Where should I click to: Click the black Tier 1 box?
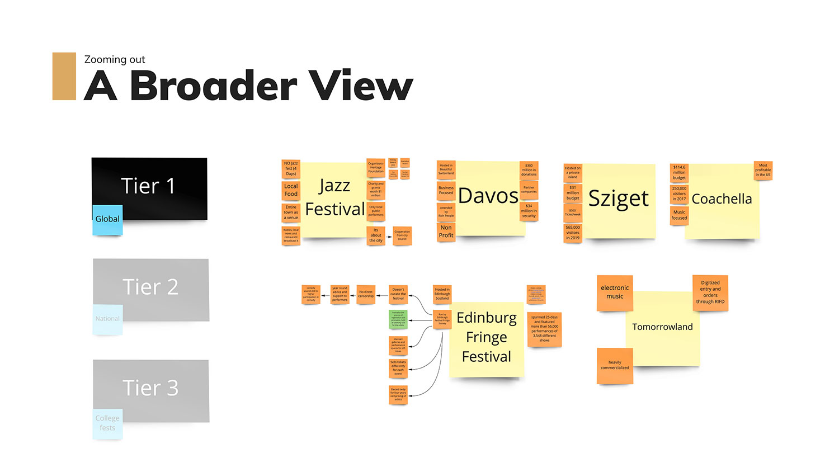pos(149,185)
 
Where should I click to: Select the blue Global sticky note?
pos(107,219)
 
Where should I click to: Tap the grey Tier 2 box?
pos(151,286)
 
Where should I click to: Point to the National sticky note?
pos(107,319)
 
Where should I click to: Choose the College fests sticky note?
pos(107,423)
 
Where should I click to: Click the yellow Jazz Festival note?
pos(334,199)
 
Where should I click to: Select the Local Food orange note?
pos(291,190)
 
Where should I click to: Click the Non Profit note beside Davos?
pos(446,232)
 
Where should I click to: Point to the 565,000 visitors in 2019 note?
pos(573,233)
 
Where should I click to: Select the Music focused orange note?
pos(679,215)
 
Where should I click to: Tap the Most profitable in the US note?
pos(763,170)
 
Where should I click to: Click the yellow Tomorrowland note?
pos(663,327)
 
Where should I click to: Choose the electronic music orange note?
pos(615,292)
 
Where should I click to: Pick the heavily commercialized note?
pos(615,365)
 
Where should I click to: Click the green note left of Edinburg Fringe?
pos(398,319)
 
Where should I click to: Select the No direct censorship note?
pos(366,294)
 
